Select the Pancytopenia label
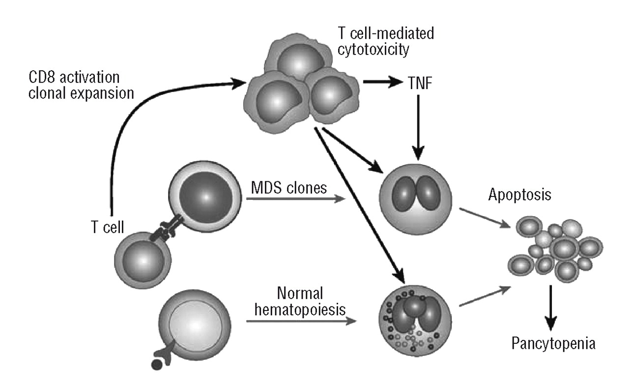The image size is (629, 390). click(x=552, y=343)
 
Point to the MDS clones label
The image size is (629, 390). click(x=288, y=187)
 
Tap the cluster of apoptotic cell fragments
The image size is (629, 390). click(x=553, y=248)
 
